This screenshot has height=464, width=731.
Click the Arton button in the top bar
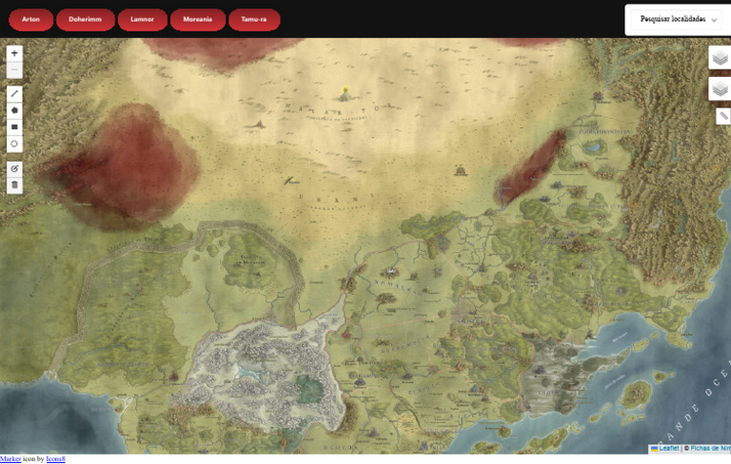pyautogui.click(x=30, y=19)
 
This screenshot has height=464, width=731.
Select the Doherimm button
pyautogui.click(x=86, y=19)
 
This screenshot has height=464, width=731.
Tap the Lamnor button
pyautogui.click(x=142, y=19)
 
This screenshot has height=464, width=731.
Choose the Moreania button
pyautogui.click(x=198, y=19)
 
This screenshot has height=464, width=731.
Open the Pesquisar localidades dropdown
pyautogui.click(x=679, y=19)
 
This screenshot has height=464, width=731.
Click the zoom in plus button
pyautogui.click(x=14, y=54)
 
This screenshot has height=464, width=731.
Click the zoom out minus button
pyautogui.click(x=14, y=69)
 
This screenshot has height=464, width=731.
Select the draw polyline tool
pyautogui.click(x=14, y=93)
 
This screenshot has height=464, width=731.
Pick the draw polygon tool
pyautogui.click(x=14, y=110)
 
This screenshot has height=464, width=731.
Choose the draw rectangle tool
pyautogui.click(x=14, y=127)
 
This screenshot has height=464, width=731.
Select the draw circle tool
pyautogui.click(x=14, y=145)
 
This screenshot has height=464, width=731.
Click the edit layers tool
pyautogui.click(x=14, y=168)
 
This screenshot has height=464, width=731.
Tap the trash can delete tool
pyautogui.click(x=14, y=185)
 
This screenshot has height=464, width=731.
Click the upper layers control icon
pyautogui.click(x=720, y=59)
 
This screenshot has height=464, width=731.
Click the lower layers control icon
pyautogui.click(x=720, y=89)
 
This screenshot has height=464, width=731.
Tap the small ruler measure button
pyautogui.click(x=723, y=116)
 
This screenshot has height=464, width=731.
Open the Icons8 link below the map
pyautogui.click(x=55, y=459)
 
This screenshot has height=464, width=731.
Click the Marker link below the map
pyautogui.click(x=10, y=459)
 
